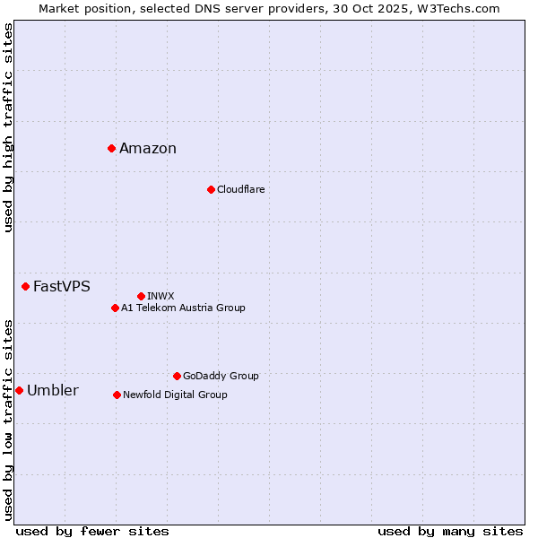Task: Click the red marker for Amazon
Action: (111, 148)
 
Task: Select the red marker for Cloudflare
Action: (211, 189)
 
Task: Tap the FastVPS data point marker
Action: (25, 286)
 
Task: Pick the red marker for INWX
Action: (141, 296)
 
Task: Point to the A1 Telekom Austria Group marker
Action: (115, 308)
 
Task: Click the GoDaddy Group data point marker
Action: (177, 376)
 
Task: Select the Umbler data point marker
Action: (19, 390)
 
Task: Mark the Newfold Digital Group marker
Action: (117, 395)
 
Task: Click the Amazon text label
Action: (148, 149)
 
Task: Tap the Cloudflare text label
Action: (240, 189)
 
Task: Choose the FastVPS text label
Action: (61, 287)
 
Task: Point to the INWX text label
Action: (161, 296)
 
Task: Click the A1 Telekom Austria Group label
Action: (183, 308)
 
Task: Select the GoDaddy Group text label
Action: (221, 376)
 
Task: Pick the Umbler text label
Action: (52, 391)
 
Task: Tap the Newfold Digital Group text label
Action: (175, 395)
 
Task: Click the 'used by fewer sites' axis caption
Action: (92, 532)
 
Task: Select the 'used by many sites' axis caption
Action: (450, 532)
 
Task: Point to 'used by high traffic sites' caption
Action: (8, 127)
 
